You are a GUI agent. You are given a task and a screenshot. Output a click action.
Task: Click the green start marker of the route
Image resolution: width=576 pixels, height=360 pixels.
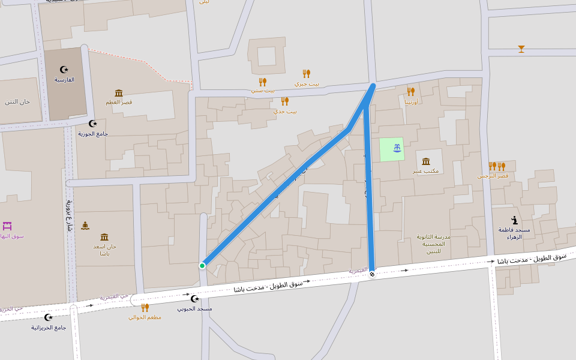click(x=202, y=265)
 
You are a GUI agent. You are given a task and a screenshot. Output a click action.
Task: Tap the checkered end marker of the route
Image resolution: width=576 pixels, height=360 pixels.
click(x=372, y=274)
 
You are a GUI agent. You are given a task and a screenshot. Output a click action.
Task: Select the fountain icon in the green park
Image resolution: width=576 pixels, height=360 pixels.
click(x=397, y=148)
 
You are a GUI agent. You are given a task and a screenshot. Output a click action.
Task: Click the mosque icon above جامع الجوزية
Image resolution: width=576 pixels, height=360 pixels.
click(x=92, y=124)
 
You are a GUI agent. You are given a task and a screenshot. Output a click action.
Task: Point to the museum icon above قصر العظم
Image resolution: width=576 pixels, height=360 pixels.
click(x=119, y=93)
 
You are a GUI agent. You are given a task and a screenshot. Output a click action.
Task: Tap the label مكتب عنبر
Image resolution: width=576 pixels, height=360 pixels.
click(x=425, y=171)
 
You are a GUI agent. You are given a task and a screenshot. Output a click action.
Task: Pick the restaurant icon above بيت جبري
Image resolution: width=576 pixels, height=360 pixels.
click(x=306, y=74)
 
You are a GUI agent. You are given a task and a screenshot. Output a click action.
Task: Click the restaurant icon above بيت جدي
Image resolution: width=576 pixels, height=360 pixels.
click(x=284, y=101)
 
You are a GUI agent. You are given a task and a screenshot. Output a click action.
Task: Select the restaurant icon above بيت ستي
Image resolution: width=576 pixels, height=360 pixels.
click(x=262, y=82)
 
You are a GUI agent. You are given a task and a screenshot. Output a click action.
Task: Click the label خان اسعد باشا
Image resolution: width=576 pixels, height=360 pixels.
click(x=104, y=250)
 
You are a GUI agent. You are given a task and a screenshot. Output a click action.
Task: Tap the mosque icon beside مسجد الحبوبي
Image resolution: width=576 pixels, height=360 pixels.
click(x=194, y=299)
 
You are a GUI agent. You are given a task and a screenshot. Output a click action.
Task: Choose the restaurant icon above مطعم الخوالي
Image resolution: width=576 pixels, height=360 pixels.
click(x=145, y=307)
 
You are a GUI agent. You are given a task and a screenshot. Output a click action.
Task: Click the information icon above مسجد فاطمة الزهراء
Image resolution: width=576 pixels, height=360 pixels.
click(x=514, y=220)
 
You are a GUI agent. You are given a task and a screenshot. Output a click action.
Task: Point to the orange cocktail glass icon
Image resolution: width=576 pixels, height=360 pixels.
click(x=521, y=49)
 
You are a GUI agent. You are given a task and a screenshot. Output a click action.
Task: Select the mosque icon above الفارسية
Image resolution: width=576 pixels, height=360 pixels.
click(x=64, y=70)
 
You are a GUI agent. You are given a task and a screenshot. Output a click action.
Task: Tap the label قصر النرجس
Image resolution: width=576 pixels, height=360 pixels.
click(x=493, y=176)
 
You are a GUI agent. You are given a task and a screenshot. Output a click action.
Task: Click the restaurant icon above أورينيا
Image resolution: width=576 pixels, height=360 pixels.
click(x=411, y=92)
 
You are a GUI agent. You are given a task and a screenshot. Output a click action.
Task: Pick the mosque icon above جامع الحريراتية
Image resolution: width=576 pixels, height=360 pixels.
click(x=49, y=317)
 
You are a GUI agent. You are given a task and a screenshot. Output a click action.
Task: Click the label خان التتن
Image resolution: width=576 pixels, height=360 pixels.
click(x=17, y=101)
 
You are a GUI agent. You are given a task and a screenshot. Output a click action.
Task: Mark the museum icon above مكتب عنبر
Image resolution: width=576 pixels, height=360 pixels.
click(x=426, y=161)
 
